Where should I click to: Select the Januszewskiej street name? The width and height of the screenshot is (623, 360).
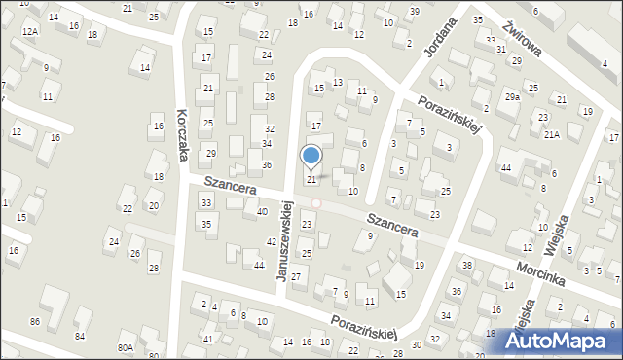pyautogui.click(x=285, y=241)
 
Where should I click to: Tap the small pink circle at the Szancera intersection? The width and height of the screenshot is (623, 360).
pyautogui.click(x=315, y=202)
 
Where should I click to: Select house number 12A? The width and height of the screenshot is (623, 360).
pyautogui.click(x=30, y=32)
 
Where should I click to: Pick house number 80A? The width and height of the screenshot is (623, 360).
pyautogui.click(x=126, y=347)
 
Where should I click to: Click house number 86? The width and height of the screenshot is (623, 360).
pyautogui.click(x=35, y=320)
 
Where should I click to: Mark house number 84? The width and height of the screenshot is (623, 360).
pyautogui.click(x=80, y=337)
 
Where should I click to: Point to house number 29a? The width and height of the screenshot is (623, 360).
pyautogui.click(x=512, y=97)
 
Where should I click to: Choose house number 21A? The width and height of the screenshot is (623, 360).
pyautogui.click(x=552, y=134)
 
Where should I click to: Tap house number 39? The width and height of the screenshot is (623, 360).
pyautogui.click(x=414, y=11)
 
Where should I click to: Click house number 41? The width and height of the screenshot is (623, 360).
pyautogui.click(x=208, y=339)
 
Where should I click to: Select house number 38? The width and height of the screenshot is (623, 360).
pyautogui.click(x=467, y=266)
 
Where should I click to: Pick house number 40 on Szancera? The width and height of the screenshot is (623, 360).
pyautogui.click(x=262, y=211)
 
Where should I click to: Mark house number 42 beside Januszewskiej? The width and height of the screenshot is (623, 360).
pyautogui.click(x=271, y=241)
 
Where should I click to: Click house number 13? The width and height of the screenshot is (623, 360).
pyautogui.click(x=338, y=82)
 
